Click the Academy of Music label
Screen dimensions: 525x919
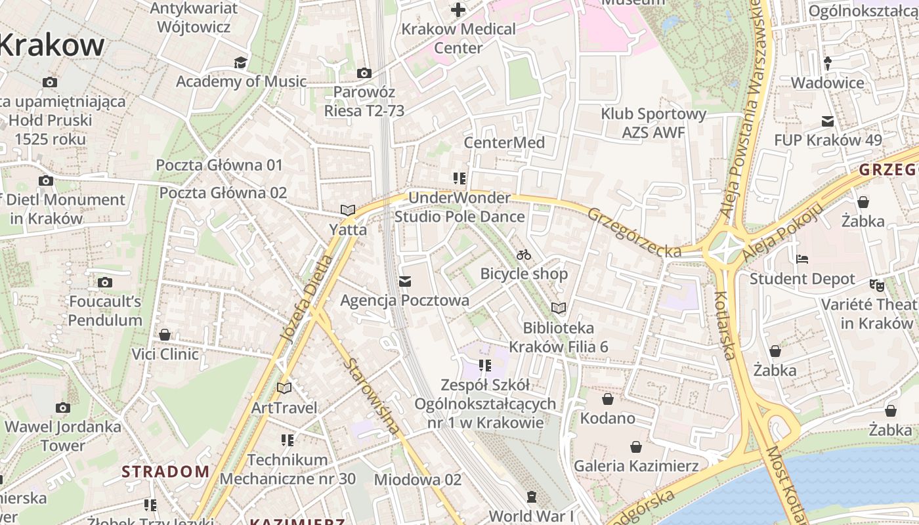pos(241,81)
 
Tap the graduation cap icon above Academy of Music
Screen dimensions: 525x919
pos(240,62)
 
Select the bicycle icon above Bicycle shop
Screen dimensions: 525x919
pos(524,255)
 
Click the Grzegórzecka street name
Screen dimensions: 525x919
pos(634,232)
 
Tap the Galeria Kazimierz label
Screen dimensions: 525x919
pos(635,466)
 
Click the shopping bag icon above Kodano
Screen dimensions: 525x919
pos(608,399)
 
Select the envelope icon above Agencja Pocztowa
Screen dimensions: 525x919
pos(405,282)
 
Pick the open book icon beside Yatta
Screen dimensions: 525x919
pos(347,211)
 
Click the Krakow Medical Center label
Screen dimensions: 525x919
pos(458,38)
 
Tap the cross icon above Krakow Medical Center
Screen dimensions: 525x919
pos(458,10)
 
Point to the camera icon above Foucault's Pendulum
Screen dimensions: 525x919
pos(105,283)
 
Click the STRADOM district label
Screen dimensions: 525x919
pos(165,471)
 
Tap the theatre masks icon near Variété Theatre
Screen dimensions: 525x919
pos(876,285)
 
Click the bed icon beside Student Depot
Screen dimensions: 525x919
pos(801,259)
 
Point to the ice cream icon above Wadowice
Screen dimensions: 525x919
pos(827,64)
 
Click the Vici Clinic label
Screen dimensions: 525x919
pos(165,354)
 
